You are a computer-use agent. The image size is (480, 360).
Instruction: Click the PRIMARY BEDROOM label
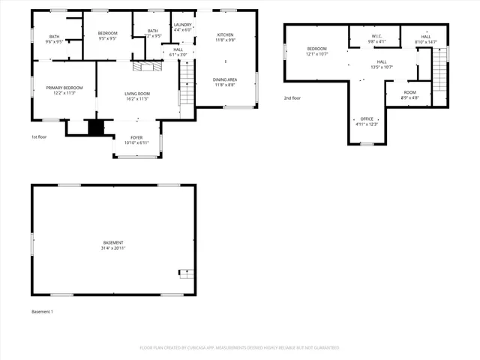[64, 88]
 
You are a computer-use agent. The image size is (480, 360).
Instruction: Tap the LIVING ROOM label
[136, 94]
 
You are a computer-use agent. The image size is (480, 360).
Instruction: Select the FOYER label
[136, 138]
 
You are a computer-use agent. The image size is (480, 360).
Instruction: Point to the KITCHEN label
[226, 35]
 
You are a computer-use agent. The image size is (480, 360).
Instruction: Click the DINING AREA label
[226, 79]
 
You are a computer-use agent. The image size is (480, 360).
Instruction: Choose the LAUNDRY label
[183, 25]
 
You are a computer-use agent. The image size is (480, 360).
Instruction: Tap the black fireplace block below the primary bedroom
[95, 127]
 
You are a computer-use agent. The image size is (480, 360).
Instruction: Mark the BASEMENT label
[113, 242]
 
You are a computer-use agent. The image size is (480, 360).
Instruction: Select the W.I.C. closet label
[376, 37]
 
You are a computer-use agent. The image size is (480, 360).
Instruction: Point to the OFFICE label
[366, 118]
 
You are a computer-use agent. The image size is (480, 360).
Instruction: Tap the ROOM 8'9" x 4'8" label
[409, 93]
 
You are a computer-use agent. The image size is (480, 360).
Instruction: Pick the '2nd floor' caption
[292, 98]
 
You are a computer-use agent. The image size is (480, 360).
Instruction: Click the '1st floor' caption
[40, 137]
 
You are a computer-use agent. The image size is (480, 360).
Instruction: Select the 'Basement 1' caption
[42, 311]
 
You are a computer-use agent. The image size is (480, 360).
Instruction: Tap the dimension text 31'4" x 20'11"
[113, 247]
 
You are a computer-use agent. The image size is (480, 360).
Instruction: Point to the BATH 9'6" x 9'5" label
[54, 39]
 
